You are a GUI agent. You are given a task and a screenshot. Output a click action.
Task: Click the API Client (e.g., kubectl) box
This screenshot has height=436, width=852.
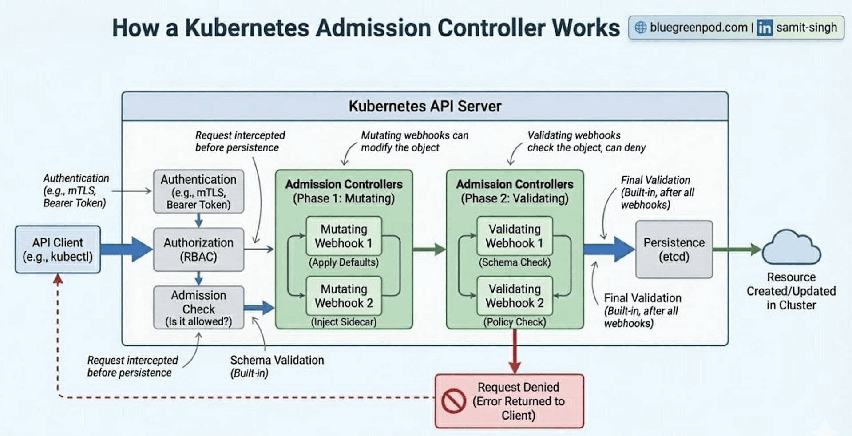point(58,250)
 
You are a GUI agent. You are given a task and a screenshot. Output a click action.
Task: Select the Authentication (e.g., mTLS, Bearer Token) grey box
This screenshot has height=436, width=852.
point(198,191)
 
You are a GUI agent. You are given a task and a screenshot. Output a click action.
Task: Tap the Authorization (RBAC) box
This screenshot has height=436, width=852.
point(198,250)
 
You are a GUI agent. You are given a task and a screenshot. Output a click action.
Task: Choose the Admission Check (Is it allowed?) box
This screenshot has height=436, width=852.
point(198,308)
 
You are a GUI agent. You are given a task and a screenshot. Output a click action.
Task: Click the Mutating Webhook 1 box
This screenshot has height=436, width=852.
point(344,236)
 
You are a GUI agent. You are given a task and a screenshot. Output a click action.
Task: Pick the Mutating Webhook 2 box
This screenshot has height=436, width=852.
point(344,296)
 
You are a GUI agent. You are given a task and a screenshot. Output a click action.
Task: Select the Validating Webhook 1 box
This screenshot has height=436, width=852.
point(515,236)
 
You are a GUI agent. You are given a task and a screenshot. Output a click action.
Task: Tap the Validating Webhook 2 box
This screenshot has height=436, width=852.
point(515,296)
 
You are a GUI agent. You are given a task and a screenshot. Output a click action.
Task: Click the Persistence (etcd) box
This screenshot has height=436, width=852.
point(674,250)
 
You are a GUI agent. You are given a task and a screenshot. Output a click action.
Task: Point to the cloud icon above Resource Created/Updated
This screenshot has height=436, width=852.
point(792,249)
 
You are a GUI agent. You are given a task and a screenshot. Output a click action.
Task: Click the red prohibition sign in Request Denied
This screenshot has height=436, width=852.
point(454,401)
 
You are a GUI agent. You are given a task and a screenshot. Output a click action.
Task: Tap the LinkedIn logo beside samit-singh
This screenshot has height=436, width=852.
point(765,28)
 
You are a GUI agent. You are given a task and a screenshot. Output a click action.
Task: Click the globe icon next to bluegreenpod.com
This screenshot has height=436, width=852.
point(641,28)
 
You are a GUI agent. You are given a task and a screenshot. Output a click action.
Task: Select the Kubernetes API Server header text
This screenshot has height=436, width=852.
point(425,106)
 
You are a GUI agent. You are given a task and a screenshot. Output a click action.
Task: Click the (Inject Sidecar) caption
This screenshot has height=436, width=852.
point(344,322)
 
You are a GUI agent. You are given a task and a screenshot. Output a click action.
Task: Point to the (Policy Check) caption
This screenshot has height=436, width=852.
point(515,322)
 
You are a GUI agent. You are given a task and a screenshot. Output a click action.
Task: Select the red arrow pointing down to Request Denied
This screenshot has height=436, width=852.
point(515,353)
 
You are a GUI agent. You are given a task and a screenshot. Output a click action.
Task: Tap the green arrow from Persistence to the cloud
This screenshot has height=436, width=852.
point(737,250)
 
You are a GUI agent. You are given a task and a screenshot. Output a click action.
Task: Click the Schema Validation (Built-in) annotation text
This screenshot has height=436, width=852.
point(277,365)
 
